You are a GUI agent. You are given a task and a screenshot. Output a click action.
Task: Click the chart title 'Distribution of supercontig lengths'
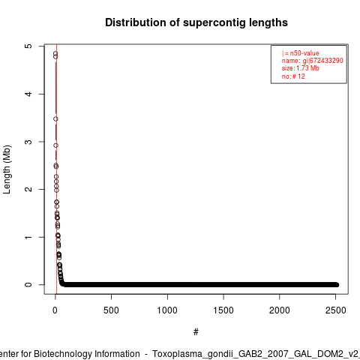[196, 22]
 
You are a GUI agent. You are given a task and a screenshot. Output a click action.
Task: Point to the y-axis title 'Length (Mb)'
[7, 169]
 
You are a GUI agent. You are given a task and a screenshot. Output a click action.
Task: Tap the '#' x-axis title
[196, 332]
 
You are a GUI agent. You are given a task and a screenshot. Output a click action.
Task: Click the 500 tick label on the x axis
[111, 310]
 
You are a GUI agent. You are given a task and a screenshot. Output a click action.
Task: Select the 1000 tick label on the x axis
[167, 310]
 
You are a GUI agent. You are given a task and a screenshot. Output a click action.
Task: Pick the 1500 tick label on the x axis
[223, 310]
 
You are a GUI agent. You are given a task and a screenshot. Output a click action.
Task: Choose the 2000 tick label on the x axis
[279, 310]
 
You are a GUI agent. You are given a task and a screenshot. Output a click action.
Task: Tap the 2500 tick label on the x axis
[335, 310]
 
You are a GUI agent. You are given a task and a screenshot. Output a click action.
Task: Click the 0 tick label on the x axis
[55, 310]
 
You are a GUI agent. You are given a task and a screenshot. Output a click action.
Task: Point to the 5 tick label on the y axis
[28, 46]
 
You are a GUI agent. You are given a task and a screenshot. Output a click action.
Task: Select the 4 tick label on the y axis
[28, 94]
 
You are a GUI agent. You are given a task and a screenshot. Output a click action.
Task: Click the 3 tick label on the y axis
[28, 142]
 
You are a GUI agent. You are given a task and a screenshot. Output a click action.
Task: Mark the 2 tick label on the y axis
[28, 189]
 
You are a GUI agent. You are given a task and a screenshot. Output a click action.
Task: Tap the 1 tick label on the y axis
[28, 237]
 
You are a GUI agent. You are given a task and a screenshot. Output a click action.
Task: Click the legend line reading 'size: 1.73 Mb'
[301, 68]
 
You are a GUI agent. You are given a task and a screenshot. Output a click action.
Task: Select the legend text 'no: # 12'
[293, 76]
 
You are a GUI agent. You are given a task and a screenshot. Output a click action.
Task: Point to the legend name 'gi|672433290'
[323, 61]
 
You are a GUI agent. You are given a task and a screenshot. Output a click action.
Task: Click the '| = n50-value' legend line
[301, 53]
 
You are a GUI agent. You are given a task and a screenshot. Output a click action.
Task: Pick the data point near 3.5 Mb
[55, 119]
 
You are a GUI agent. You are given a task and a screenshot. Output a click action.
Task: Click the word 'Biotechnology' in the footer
[63, 354]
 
